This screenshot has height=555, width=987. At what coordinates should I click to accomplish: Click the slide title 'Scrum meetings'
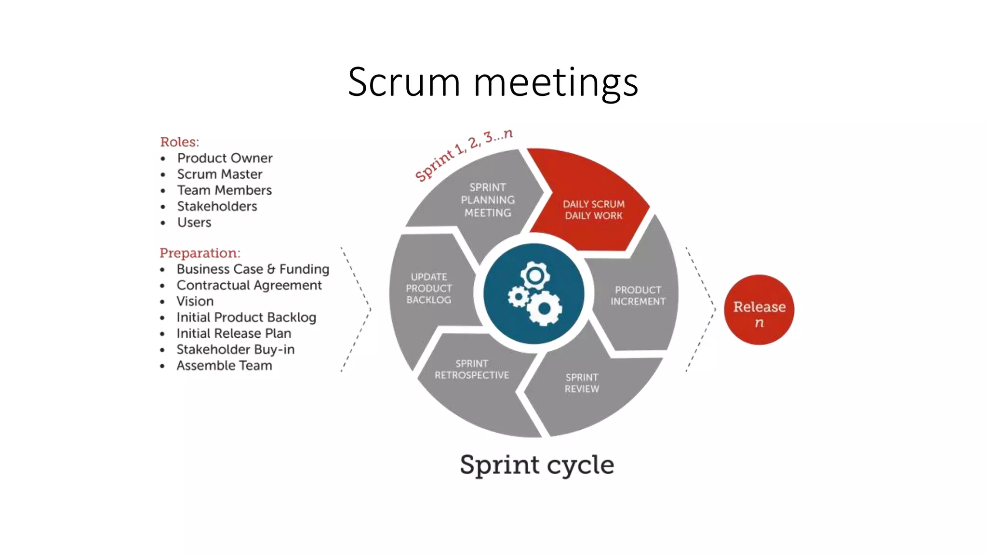493,82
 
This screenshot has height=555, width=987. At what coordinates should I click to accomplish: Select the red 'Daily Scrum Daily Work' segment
593,210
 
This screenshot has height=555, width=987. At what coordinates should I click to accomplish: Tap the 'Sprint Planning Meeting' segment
487,199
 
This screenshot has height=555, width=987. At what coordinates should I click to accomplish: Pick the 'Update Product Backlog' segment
428,288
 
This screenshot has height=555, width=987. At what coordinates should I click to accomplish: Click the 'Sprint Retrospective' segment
471,370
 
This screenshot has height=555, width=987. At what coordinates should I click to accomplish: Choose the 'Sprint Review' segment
582,383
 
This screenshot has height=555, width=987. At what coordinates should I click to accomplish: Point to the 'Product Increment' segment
638,295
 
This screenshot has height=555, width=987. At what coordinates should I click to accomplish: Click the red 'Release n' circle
759,310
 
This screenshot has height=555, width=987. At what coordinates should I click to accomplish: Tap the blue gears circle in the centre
534,293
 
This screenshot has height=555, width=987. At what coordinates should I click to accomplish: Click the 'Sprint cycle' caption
537,465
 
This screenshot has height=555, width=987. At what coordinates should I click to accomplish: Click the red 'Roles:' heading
179,142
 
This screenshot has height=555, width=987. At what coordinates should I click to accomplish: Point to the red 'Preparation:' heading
200,253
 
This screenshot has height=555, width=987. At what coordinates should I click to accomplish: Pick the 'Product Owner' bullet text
225,158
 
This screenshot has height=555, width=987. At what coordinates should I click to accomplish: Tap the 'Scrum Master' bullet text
220,174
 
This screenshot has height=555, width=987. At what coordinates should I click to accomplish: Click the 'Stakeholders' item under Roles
217,206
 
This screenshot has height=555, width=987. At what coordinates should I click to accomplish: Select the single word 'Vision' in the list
195,301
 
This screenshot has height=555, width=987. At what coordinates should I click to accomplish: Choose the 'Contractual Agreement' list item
249,285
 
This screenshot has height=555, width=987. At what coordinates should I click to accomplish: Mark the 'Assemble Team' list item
224,365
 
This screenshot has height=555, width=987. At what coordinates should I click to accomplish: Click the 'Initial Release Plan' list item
234,333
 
